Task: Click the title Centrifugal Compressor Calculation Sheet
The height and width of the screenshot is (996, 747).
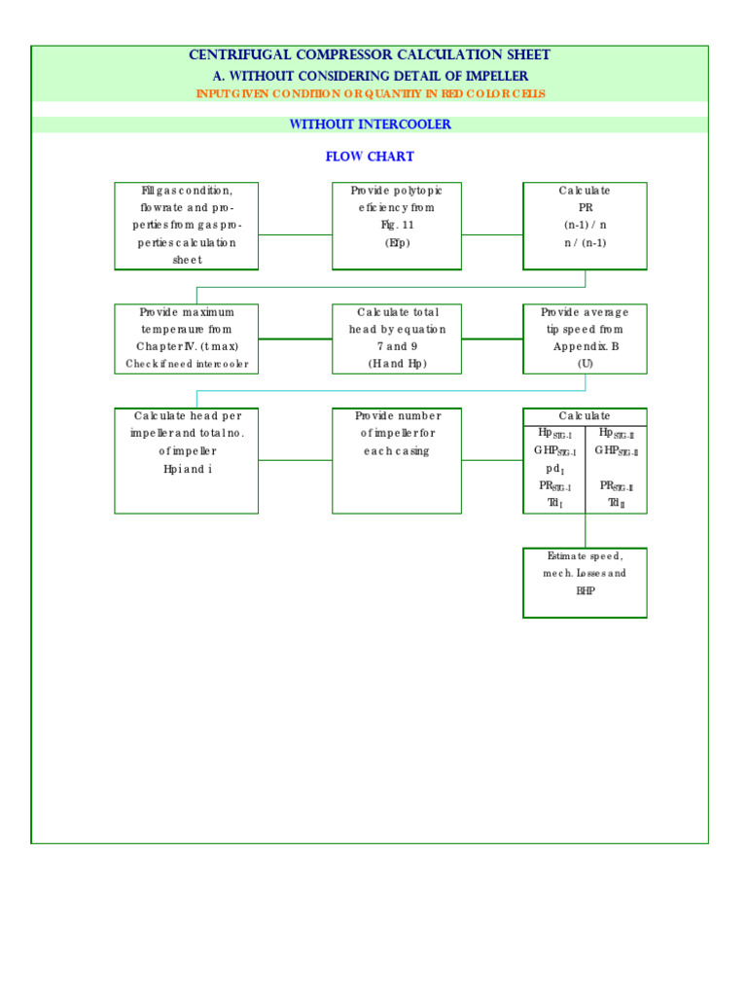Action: coord(370,55)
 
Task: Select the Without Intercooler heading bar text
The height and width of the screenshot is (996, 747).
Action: coord(370,124)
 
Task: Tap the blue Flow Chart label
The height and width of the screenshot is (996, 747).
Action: coord(370,157)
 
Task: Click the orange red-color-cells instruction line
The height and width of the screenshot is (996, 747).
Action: coord(371,94)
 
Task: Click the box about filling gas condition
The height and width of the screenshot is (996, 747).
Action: coord(187,226)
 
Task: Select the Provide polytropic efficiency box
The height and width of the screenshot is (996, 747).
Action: coord(397,226)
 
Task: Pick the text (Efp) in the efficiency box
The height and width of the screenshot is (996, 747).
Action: coord(397,243)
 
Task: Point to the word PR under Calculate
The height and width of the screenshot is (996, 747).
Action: coord(585,208)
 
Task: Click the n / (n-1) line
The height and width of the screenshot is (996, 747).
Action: coord(585,243)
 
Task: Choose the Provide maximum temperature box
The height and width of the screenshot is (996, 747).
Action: coord(187,338)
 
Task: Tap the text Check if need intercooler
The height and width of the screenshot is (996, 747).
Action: coord(187,365)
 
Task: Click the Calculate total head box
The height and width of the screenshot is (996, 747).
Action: coord(397,338)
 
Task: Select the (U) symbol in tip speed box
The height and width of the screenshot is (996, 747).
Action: coord(585,364)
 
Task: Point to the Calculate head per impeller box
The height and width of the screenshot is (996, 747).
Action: coord(187,460)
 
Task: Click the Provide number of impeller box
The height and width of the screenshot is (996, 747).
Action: coord(397,460)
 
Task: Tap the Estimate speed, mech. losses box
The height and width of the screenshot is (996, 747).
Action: coord(585,583)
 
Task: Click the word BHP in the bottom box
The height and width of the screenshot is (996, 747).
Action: coord(585,591)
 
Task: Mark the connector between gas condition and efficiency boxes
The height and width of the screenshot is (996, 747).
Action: coord(296,234)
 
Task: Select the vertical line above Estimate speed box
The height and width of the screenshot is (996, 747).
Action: coord(585,531)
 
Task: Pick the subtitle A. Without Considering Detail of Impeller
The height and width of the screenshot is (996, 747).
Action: coord(370,76)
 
